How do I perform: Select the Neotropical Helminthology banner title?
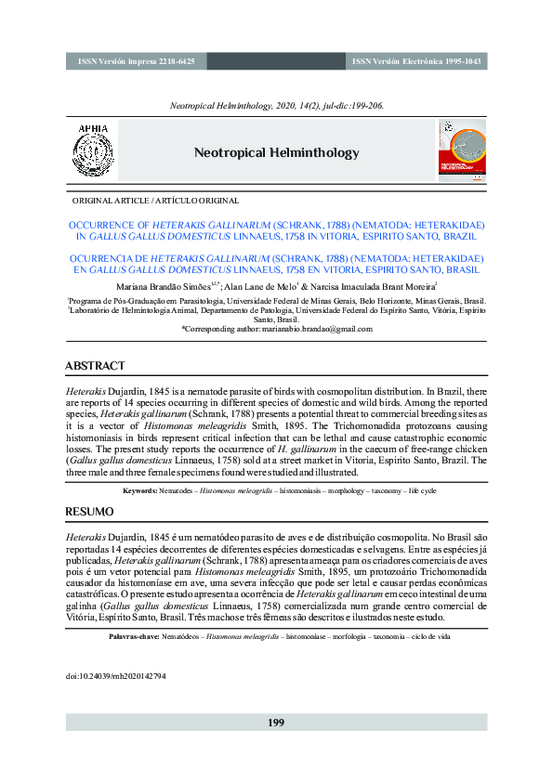point(276,153)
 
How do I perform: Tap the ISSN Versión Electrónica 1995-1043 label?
point(416,61)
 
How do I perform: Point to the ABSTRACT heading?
point(95,366)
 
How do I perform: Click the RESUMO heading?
point(89,512)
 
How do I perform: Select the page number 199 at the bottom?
point(276,723)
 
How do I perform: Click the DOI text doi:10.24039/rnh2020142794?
point(115,676)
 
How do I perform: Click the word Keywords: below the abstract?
point(139,489)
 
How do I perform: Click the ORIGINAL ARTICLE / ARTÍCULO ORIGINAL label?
point(154,200)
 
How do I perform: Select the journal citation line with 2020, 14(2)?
point(276,106)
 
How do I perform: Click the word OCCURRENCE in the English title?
point(102,225)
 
